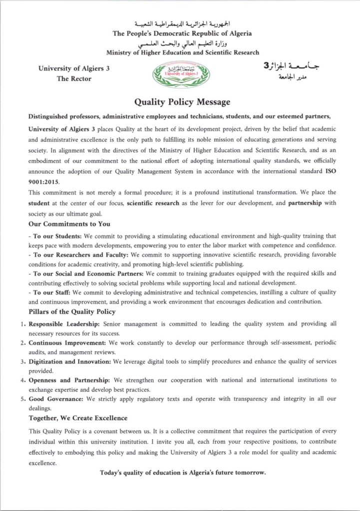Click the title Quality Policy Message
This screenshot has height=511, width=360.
pos(182,102)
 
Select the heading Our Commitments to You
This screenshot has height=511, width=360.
pos(69,224)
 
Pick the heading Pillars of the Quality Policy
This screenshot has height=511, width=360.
pos(72,311)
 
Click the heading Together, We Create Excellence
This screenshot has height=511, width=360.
pos(78,418)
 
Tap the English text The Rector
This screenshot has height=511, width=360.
pos(74,79)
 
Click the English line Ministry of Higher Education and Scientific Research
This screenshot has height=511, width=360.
pos(183,52)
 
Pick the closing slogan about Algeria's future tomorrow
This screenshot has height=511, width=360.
pos(183,472)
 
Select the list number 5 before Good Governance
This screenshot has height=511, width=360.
pos(22,399)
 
